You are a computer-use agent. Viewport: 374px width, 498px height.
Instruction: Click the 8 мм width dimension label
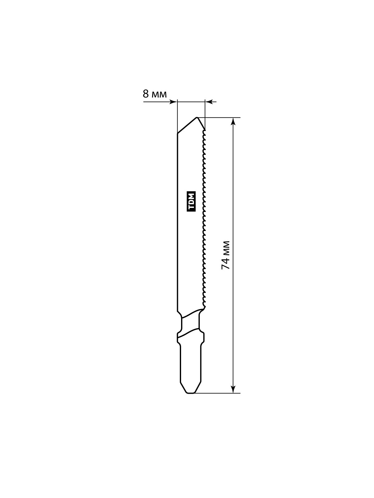point(155,94)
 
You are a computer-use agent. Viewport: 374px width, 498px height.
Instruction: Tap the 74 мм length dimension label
point(226,255)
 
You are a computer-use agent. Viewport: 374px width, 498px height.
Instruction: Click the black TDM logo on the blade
point(191,202)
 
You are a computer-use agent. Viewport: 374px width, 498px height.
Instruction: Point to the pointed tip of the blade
point(197,118)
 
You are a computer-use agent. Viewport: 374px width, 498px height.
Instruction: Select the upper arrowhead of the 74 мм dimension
point(233,121)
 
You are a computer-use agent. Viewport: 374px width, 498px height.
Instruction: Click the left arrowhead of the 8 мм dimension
point(173,102)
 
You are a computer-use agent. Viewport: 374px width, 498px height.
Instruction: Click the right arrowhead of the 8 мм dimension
point(209,102)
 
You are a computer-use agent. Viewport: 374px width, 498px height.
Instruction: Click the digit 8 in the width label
point(146,94)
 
